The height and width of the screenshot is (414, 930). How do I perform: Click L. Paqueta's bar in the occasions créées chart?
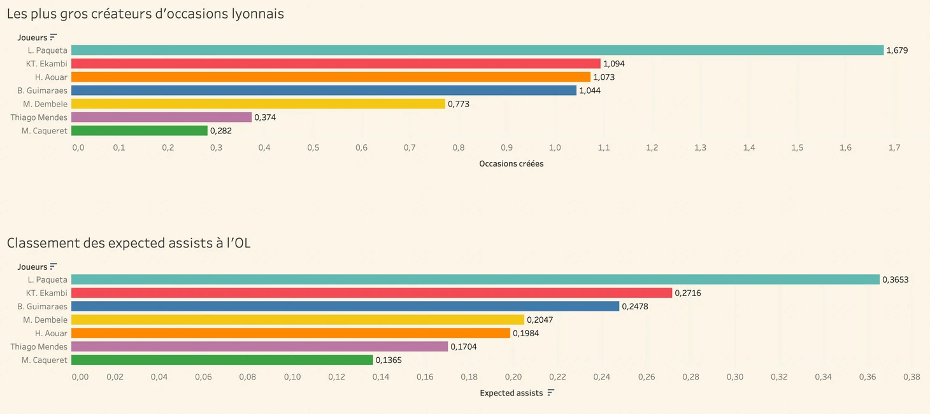click(x=477, y=50)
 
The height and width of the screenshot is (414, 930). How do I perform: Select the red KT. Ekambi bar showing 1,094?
click(x=336, y=64)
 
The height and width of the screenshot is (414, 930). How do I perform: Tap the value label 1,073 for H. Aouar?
click(x=604, y=77)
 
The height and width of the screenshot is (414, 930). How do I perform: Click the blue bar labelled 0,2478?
click(x=345, y=306)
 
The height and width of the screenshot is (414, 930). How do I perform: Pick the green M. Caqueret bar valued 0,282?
click(x=139, y=131)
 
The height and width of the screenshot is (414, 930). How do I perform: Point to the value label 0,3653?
click(x=896, y=279)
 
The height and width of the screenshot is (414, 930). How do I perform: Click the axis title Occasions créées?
click(x=511, y=163)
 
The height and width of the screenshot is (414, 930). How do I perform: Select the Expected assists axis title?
click(x=511, y=393)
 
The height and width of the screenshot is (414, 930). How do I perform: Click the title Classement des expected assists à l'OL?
click(x=129, y=243)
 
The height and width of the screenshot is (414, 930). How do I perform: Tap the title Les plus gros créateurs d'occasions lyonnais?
click(x=145, y=13)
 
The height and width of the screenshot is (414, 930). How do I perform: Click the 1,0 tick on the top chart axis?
click(x=555, y=148)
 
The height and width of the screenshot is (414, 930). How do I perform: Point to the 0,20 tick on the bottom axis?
click(x=513, y=377)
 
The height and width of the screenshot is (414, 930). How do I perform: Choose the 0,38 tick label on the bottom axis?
click(x=912, y=377)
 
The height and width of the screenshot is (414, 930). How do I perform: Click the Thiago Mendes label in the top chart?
click(x=39, y=117)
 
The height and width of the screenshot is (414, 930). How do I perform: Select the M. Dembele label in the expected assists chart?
click(x=45, y=320)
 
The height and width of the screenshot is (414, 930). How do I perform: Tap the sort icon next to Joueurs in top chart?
click(x=54, y=37)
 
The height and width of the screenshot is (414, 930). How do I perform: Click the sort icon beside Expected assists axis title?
click(x=551, y=392)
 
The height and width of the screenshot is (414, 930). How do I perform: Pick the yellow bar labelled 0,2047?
click(x=297, y=320)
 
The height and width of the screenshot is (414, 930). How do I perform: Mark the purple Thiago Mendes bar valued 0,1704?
click(x=259, y=346)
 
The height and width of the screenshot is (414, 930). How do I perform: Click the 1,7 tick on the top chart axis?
click(x=894, y=148)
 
